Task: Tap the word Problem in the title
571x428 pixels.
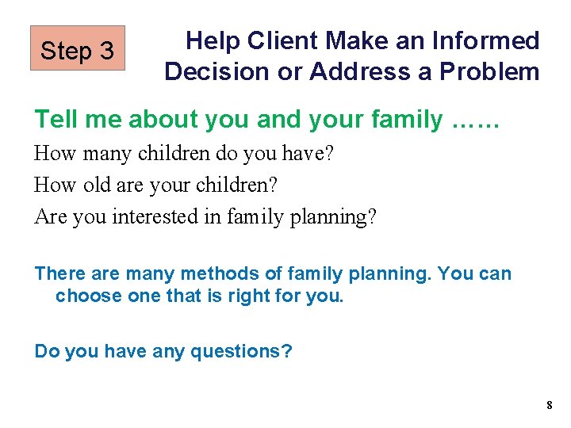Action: click(x=489, y=71)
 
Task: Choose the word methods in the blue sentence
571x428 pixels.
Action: click(x=213, y=274)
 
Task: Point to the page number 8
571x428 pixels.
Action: click(x=549, y=406)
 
